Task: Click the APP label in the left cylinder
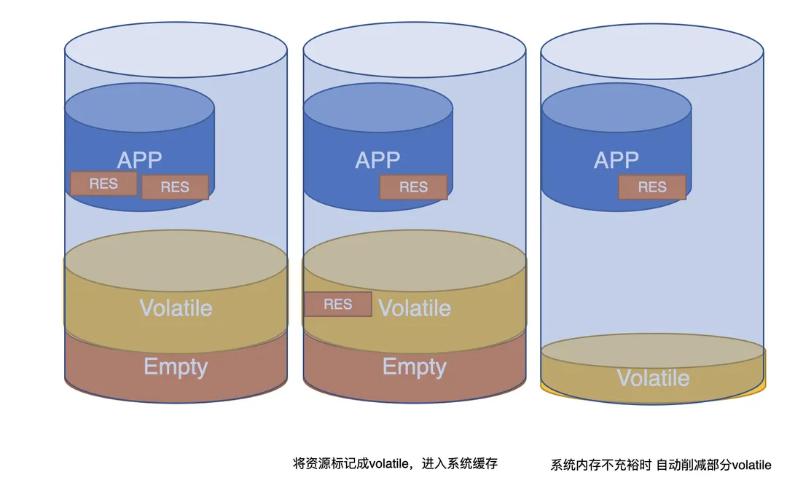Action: pos(139,160)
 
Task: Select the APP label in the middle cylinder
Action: pos(377,160)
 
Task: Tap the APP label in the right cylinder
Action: pos(616,160)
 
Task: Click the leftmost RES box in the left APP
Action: pos(103,184)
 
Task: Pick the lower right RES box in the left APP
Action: pos(175,187)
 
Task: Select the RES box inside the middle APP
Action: pos(413,187)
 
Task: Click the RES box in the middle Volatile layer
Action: pos(338,304)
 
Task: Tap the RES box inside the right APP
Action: pos(652,187)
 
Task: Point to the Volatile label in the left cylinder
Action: pos(176,307)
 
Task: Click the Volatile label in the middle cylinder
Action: pos(415,307)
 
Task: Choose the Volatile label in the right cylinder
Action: pos(653,378)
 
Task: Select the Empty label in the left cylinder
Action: pos(176,366)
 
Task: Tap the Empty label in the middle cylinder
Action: pos(415,366)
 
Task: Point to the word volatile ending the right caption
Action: pos(751,465)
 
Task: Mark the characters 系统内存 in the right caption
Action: pos(575,465)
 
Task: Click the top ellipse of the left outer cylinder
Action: pos(176,51)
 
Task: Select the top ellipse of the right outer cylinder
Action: pos(652,51)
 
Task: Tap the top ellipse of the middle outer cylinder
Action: pos(414,51)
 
